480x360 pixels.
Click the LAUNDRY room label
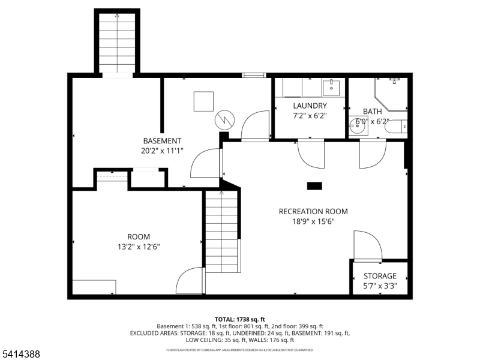click(310, 106)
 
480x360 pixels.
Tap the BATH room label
click(372, 112)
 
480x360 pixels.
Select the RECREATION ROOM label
click(313, 211)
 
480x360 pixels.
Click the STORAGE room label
click(380, 276)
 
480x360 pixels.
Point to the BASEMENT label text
click(161, 141)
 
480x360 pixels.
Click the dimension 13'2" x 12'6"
click(139, 246)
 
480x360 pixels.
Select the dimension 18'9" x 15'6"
click(313, 221)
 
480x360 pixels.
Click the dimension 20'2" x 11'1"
click(161, 151)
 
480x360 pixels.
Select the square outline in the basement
click(203, 101)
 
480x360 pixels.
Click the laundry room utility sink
click(331, 88)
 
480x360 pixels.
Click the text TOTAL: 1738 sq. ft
click(239, 319)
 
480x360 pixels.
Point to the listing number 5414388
click(21, 355)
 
